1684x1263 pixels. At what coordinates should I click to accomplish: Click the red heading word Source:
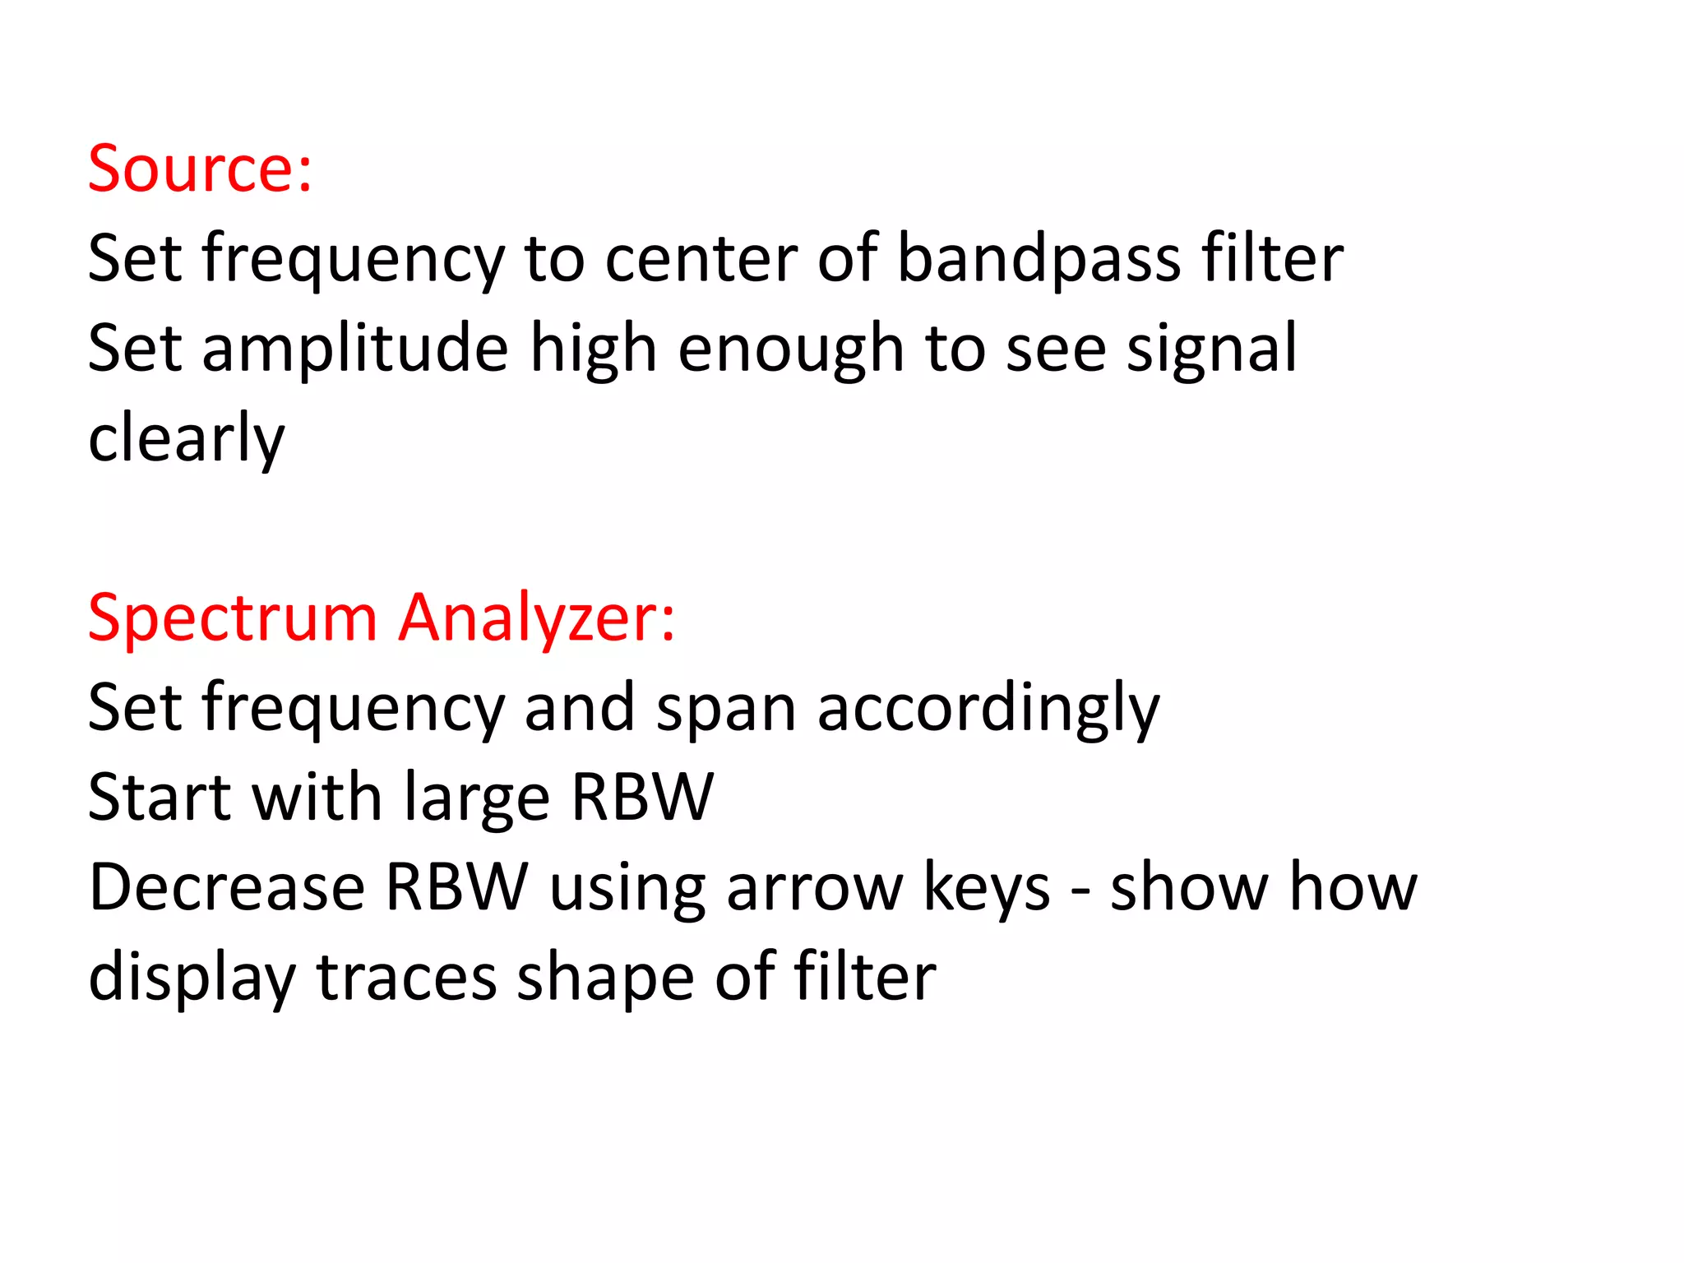click(x=200, y=169)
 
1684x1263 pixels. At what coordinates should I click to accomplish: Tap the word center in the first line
click(x=701, y=260)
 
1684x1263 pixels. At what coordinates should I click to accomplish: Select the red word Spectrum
click(x=232, y=619)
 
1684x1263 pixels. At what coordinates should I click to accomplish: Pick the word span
click(x=725, y=710)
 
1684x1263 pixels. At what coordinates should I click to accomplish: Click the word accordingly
click(x=988, y=710)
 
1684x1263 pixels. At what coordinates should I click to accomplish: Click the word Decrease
click(x=226, y=888)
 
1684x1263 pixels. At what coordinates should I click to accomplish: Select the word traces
click(x=406, y=978)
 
